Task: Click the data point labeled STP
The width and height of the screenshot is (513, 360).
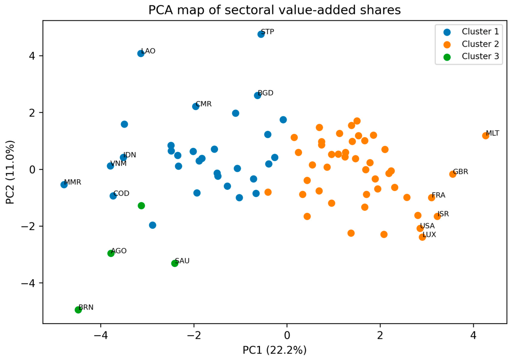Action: pos(261,34)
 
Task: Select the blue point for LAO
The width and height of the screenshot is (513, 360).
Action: pos(141,54)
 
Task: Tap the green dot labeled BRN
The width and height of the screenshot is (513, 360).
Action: pos(78,310)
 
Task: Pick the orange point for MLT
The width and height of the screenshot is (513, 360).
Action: pos(485,135)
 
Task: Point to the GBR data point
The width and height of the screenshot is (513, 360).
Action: pos(452,174)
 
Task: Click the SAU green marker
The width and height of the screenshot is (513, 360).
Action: pos(175,263)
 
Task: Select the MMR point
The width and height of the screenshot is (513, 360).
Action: pos(64,185)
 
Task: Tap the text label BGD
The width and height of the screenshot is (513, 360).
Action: pos(266,93)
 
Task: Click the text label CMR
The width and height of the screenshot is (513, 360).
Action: pos(203,104)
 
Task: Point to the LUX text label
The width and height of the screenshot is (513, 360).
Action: pos(429,235)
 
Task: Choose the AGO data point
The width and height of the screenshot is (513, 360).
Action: pos(111,253)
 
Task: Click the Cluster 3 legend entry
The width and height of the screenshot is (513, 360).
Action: pos(471,56)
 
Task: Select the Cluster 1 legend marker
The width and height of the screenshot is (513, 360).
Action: pos(447,32)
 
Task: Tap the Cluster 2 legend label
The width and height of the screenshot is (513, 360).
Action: pos(480,44)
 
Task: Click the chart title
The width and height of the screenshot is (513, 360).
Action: pos(274,10)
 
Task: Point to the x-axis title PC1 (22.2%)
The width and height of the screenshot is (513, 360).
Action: pos(274,350)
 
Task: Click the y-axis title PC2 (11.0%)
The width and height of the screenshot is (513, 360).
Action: pos(10,172)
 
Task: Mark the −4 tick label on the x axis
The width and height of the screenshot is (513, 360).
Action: pos(101,336)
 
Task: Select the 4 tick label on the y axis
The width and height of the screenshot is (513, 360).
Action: pos(32,56)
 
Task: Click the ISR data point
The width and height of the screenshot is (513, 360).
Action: pos(437,216)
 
